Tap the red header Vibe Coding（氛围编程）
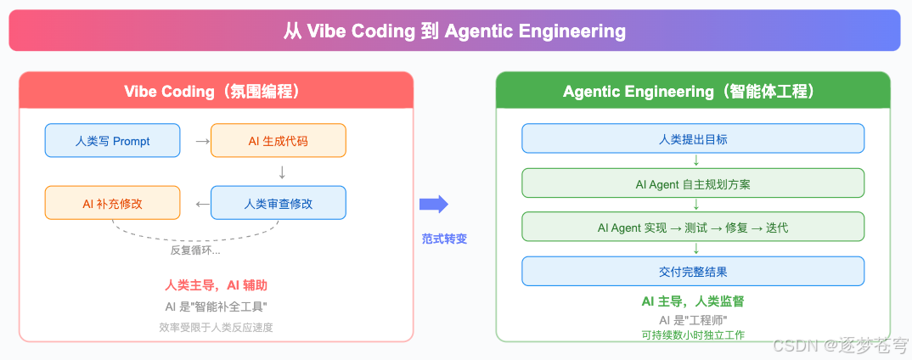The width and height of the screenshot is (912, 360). tap(217, 91)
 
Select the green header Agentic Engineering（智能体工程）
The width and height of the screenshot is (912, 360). tap(693, 91)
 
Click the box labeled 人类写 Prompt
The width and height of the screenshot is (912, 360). tap(112, 141)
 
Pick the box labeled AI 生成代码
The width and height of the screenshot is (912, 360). tap(278, 141)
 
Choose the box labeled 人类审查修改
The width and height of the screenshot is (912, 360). tap(278, 204)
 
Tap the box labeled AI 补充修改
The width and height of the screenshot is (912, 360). tap(112, 204)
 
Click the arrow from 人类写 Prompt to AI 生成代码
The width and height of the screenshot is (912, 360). tap(202, 141)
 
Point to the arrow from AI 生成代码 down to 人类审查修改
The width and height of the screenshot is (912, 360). tap(282, 172)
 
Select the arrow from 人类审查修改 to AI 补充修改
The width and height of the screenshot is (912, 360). tap(202, 204)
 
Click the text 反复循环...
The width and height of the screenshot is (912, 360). tap(195, 250)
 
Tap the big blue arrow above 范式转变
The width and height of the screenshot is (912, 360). tap(433, 204)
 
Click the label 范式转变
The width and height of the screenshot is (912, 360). tap(444, 239)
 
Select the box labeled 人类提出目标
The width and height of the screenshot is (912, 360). tap(693, 138)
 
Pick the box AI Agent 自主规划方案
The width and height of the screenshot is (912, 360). tap(693, 183)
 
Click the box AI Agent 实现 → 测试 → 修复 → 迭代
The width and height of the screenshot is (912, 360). tap(693, 228)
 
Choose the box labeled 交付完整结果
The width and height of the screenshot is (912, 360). tap(693, 272)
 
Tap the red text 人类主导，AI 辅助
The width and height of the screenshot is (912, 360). tap(217, 285)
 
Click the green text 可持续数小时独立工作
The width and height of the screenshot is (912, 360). tap(693, 335)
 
